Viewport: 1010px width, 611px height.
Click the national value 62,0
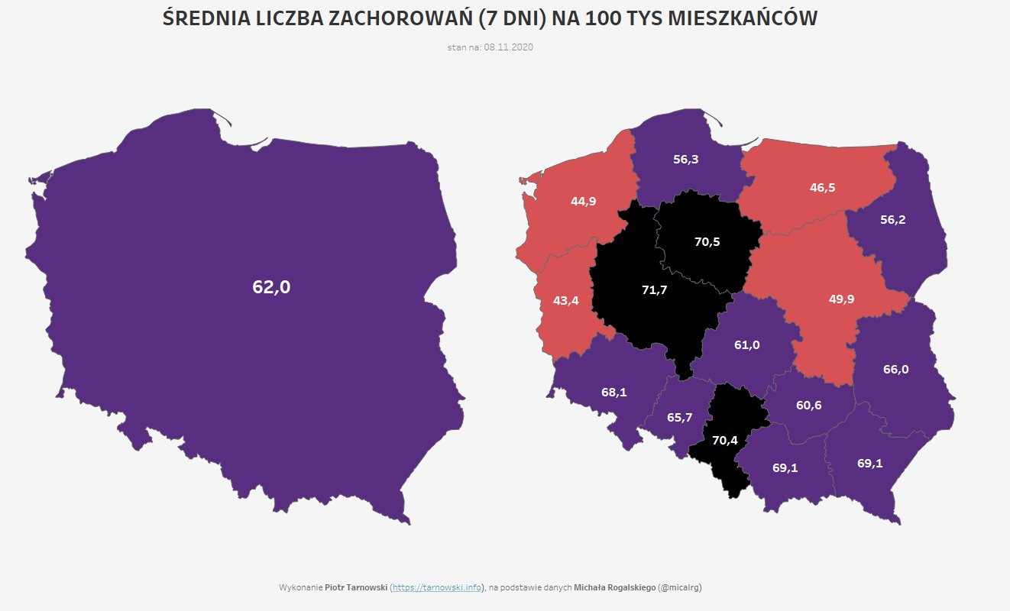pyautogui.click(x=271, y=287)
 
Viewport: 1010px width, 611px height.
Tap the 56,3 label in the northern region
pyautogui.click(x=685, y=160)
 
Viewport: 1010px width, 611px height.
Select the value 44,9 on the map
pyautogui.click(x=583, y=201)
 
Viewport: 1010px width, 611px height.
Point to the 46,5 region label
pyautogui.click(x=822, y=186)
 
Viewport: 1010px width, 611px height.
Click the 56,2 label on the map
pyautogui.click(x=892, y=219)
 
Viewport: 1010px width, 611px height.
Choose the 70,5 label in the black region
pyautogui.click(x=707, y=241)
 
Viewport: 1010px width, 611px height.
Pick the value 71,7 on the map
pyautogui.click(x=655, y=289)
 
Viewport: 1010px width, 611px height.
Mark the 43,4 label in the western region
pyautogui.click(x=566, y=300)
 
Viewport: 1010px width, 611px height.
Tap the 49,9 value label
pyautogui.click(x=841, y=299)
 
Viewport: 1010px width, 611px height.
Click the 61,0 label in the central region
pyautogui.click(x=746, y=344)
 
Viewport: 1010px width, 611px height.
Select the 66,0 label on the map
pyautogui.click(x=895, y=369)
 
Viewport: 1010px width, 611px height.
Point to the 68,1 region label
pyautogui.click(x=613, y=393)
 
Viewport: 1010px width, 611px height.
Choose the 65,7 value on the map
pyautogui.click(x=679, y=417)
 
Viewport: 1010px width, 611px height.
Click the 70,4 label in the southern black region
pyautogui.click(x=724, y=440)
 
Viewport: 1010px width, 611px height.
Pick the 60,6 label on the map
pyautogui.click(x=808, y=405)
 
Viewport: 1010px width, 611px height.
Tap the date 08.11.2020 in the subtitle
pyautogui.click(x=508, y=47)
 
